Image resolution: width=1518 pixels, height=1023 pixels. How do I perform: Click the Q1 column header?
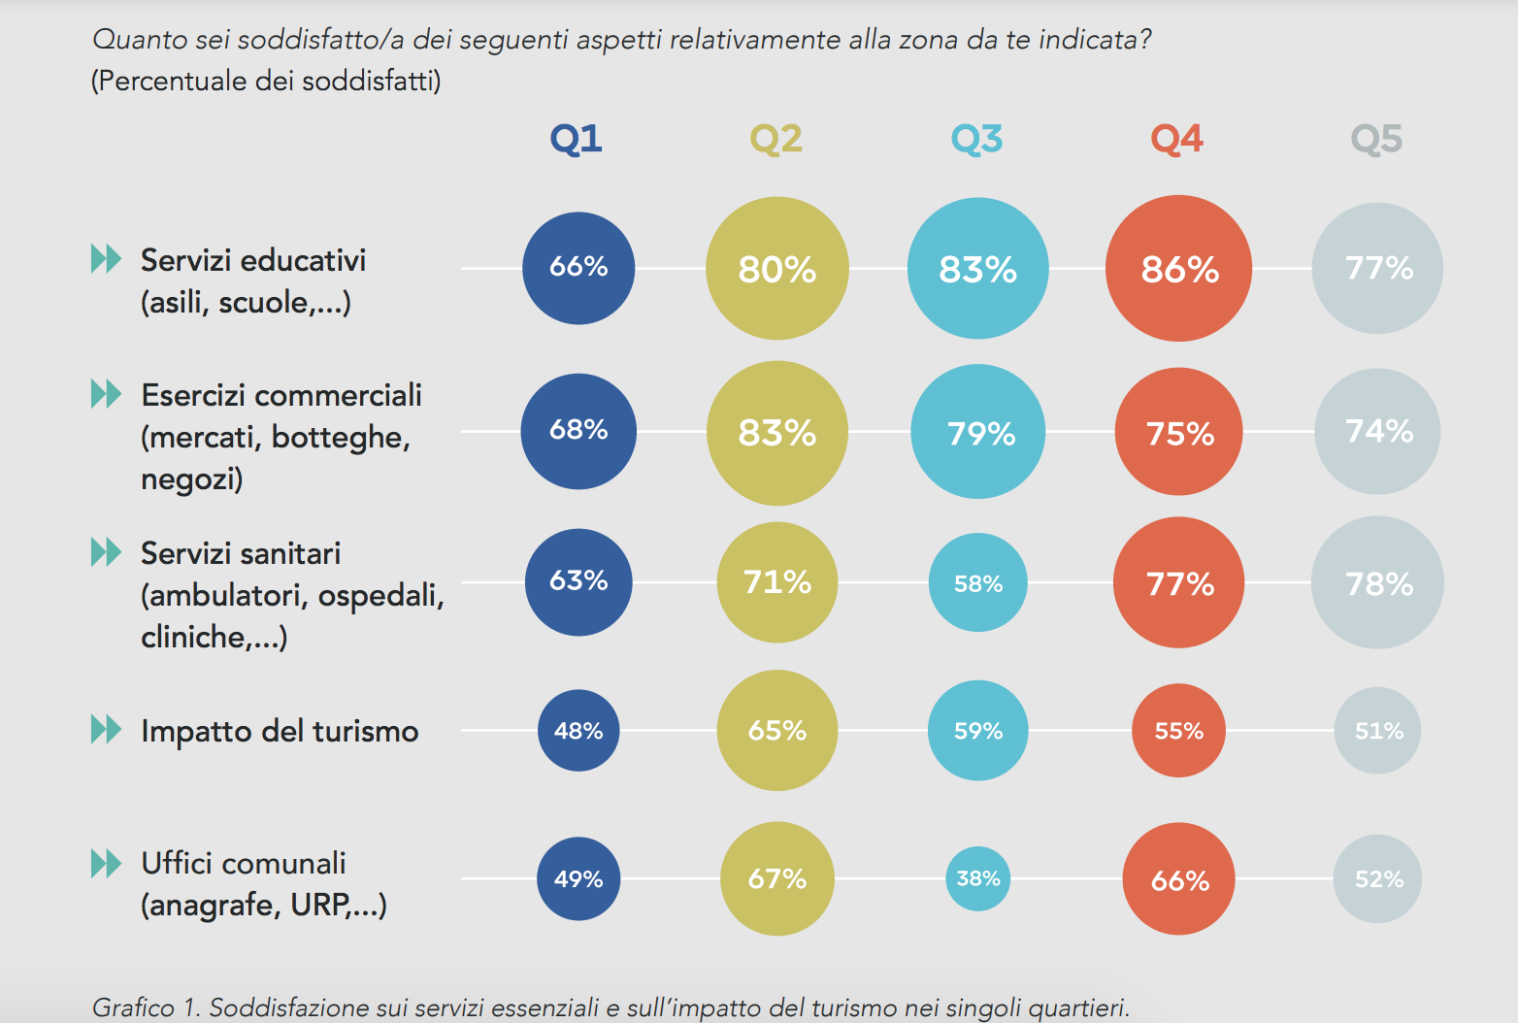pos(577,139)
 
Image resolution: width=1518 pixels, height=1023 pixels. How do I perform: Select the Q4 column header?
pos(1176,139)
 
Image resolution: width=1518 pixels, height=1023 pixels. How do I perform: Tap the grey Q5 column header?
pos(1376,139)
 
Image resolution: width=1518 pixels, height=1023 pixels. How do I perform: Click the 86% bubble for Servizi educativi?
pos(1178,269)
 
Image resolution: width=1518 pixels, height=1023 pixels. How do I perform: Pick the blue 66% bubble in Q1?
pos(578,268)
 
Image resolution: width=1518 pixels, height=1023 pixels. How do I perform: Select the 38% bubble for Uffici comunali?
pos(978,878)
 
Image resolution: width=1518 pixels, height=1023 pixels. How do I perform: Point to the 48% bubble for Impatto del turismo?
pos(578,731)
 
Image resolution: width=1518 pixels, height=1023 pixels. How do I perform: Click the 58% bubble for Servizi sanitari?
pos(978,583)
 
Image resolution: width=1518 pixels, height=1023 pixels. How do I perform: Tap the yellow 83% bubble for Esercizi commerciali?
pos(777,433)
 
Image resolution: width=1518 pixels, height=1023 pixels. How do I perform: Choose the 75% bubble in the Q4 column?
pos(1179,433)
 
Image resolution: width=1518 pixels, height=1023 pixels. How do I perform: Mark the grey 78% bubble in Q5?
pos(1377,583)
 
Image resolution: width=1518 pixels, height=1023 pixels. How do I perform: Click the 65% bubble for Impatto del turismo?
pos(777,731)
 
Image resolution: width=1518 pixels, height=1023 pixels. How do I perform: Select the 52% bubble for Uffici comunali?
pos(1377,879)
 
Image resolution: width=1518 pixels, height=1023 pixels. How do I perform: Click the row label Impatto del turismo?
pos(280,731)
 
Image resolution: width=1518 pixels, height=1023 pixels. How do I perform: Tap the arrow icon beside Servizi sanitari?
pos(106,552)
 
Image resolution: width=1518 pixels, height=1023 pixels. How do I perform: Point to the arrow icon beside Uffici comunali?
pos(106,863)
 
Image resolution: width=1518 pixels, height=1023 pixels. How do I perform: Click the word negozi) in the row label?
pos(191,479)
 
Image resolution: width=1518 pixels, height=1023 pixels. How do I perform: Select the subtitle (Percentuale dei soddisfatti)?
pos(266,81)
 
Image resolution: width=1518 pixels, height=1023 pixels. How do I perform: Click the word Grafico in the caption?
pos(134,1007)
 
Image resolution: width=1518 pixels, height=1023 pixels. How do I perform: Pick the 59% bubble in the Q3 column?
pos(978,731)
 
